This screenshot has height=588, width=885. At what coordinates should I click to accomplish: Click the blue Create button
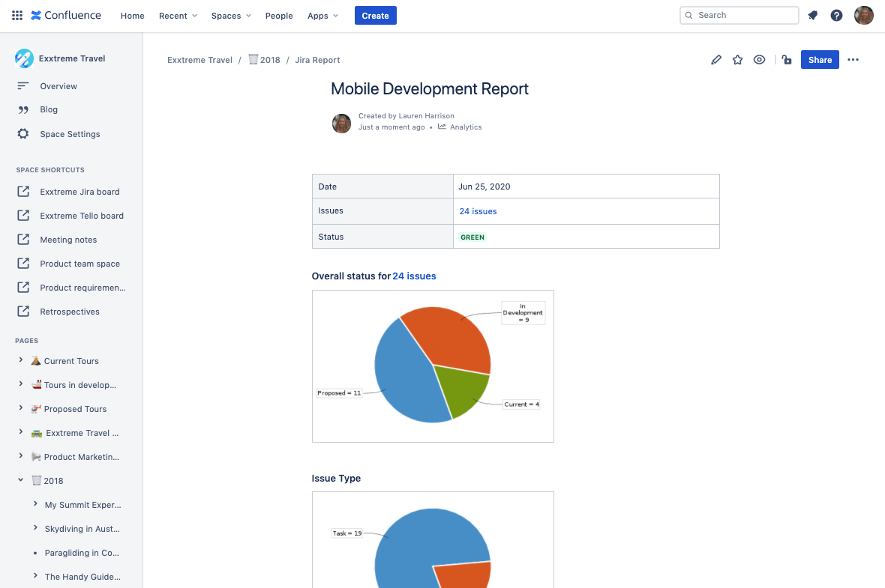(x=375, y=16)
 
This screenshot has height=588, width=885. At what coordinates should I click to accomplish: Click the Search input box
(x=739, y=15)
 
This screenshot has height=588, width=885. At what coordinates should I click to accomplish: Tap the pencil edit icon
(x=716, y=60)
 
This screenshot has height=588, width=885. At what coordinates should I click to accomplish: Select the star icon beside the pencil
(x=737, y=60)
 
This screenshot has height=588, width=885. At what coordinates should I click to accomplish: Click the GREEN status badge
(x=472, y=237)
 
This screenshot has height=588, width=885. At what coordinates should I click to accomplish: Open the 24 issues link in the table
(x=478, y=211)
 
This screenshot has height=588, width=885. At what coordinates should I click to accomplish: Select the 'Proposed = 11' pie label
(x=339, y=392)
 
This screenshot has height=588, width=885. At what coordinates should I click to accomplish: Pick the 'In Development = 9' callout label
(x=523, y=312)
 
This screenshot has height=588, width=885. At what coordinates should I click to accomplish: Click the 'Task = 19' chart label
(x=346, y=533)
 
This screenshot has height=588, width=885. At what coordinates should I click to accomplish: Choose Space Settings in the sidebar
(x=70, y=134)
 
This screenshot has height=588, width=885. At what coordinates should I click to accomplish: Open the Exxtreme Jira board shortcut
(x=79, y=192)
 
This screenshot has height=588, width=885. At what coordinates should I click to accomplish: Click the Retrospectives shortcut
(x=70, y=312)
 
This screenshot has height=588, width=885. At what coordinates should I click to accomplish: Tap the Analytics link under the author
(x=465, y=127)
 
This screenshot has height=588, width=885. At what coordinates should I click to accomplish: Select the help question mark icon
(x=836, y=15)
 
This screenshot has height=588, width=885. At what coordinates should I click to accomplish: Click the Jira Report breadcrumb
(x=317, y=60)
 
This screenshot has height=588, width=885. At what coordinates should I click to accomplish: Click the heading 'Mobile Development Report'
(x=430, y=89)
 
